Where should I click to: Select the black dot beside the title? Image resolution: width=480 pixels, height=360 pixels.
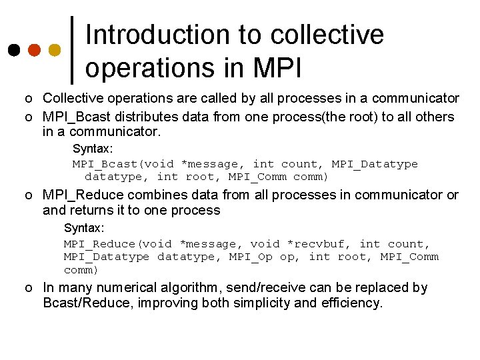14,51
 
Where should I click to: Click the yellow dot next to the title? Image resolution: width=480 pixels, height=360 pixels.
55,51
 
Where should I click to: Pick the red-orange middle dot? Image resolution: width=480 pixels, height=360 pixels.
35,51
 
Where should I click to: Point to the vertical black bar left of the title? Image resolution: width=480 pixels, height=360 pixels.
71,47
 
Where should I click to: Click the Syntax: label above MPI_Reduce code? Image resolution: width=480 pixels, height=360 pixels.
84,228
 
